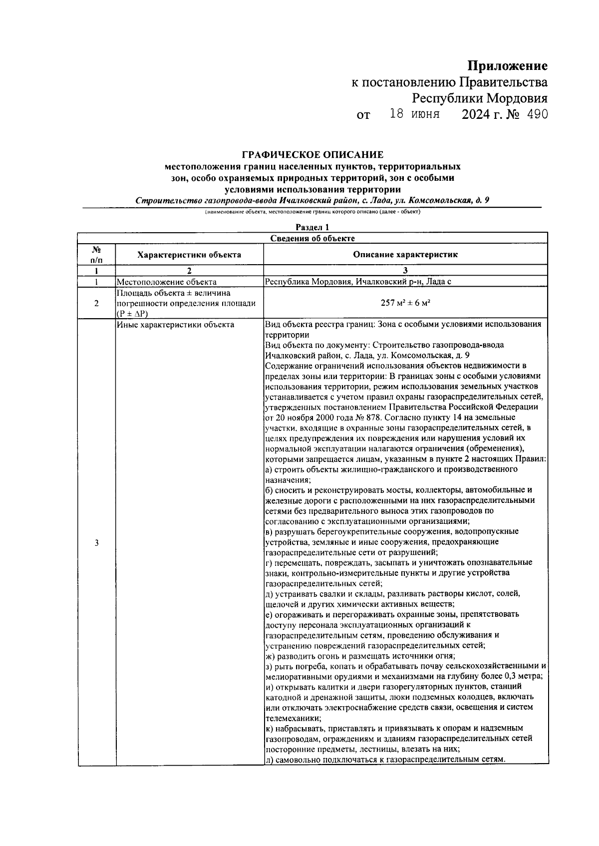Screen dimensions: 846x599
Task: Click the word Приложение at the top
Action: (x=507, y=65)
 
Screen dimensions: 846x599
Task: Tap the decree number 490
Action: (x=537, y=114)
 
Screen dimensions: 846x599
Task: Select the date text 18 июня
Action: (x=414, y=114)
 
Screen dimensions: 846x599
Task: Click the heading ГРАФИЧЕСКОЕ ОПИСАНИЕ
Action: (x=312, y=155)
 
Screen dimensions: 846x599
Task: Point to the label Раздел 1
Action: (x=312, y=228)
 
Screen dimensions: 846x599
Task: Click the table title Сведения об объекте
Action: (x=312, y=238)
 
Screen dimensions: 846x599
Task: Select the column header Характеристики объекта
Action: (x=189, y=255)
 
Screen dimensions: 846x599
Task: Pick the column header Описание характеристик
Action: (x=405, y=255)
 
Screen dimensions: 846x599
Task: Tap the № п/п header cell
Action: (x=96, y=255)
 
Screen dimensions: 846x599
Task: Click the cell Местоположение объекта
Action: (x=167, y=282)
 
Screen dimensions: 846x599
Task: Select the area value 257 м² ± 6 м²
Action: (x=405, y=303)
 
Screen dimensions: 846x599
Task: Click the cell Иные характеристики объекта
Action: (x=175, y=325)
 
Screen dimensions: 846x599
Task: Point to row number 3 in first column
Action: (x=96, y=543)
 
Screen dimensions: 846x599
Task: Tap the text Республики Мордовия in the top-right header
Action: (x=480, y=98)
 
